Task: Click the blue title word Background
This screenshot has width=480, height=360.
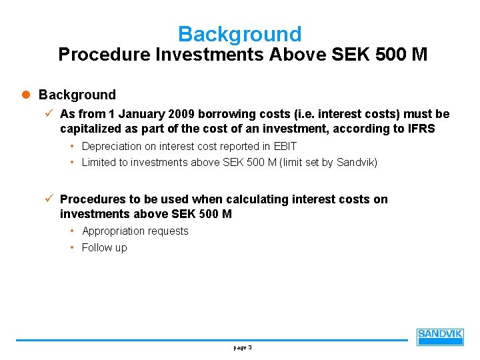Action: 240,34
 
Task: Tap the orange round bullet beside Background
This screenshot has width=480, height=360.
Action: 27,95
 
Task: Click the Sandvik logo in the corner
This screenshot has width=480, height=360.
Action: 440,337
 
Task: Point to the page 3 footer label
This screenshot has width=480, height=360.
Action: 242,347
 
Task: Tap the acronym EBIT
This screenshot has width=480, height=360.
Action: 284,146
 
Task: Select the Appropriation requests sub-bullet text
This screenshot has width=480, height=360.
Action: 135,231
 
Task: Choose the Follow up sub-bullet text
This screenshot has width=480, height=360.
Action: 104,248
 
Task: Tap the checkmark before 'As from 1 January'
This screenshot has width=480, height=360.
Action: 51,114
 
